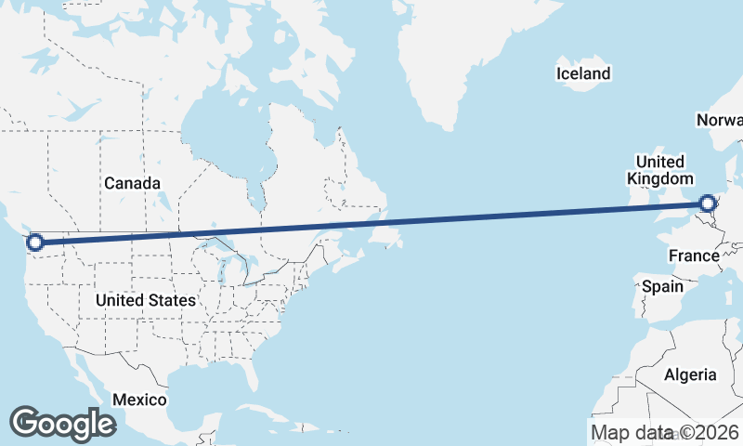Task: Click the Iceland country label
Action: click(583, 73)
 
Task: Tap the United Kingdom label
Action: click(659, 170)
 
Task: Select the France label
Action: click(694, 256)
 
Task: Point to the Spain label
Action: click(663, 286)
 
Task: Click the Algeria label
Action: click(690, 374)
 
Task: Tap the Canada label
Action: click(132, 184)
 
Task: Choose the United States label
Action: click(146, 300)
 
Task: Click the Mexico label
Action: click(139, 400)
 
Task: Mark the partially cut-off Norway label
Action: click(721, 121)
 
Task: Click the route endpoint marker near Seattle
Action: click(35, 243)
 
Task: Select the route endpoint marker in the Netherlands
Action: click(708, 203)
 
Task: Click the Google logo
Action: click(62, 424)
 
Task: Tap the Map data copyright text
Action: click(665, 432)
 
